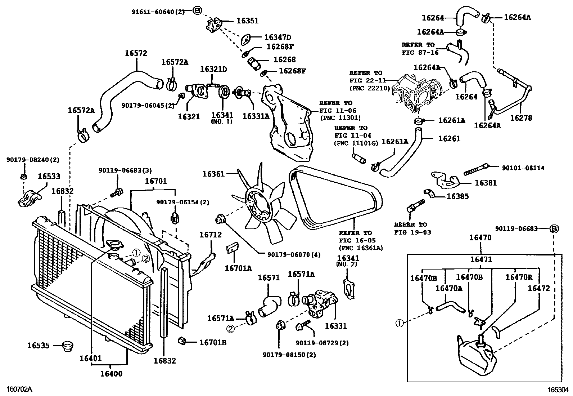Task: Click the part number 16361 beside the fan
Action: (x=213, y=174)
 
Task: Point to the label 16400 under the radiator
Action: (x=111, y=374)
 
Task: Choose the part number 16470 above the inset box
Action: (x=481, y=238)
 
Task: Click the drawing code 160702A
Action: (x=17, y=390)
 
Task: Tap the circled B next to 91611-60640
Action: (x=197, y=11)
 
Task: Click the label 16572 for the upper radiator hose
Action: (x=136, y=53)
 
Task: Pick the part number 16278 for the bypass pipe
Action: (x=521, y=118)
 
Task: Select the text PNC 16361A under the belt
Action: (x=361, y=248)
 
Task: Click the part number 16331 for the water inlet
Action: (x=335, y=326)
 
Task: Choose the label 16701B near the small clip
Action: (x=213, y=343)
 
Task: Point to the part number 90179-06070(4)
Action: (x=294, y=255)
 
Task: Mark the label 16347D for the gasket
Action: (x=278, y=37)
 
